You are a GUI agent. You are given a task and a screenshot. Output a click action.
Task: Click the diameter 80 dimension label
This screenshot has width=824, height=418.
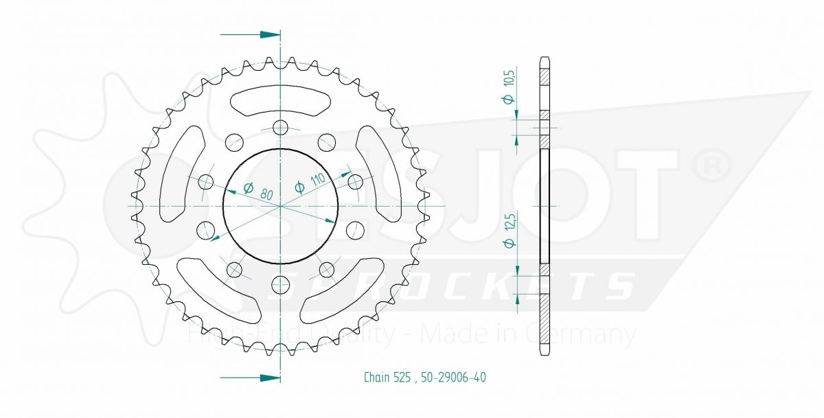259,191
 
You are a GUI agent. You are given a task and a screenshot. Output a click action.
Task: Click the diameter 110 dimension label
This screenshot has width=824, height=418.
310,183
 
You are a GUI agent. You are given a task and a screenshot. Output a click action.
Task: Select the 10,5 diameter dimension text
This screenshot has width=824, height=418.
509,86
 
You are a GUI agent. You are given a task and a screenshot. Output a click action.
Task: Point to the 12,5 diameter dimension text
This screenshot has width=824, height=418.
509,231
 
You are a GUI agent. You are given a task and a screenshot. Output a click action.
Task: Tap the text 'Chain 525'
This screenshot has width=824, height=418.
387,378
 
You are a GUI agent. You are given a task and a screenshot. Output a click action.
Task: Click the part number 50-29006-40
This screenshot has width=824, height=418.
454,378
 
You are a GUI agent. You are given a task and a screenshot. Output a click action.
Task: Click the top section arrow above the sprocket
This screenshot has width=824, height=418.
250,34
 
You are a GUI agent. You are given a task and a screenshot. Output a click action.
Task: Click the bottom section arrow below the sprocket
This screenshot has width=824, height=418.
250,378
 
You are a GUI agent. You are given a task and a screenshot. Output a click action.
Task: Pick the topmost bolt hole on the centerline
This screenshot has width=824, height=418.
281,128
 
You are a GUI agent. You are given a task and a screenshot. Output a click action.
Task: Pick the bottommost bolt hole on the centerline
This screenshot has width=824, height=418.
281,283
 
